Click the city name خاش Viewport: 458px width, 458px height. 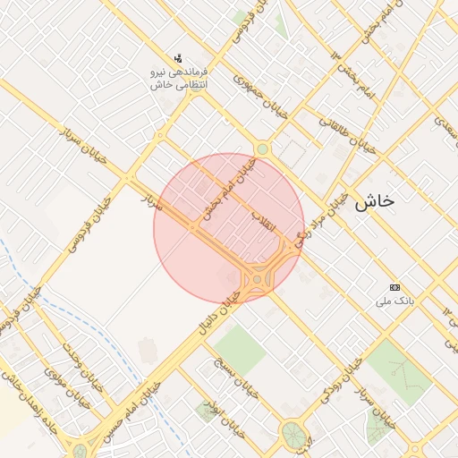pos(373,202)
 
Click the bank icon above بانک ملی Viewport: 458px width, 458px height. pos(395,287)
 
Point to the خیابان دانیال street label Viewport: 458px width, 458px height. pos(214,317)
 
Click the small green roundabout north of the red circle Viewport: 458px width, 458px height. pos(262,149)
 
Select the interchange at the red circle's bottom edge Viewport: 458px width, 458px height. pos(260,278)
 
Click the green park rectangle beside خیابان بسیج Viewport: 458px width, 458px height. pos(239,350)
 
